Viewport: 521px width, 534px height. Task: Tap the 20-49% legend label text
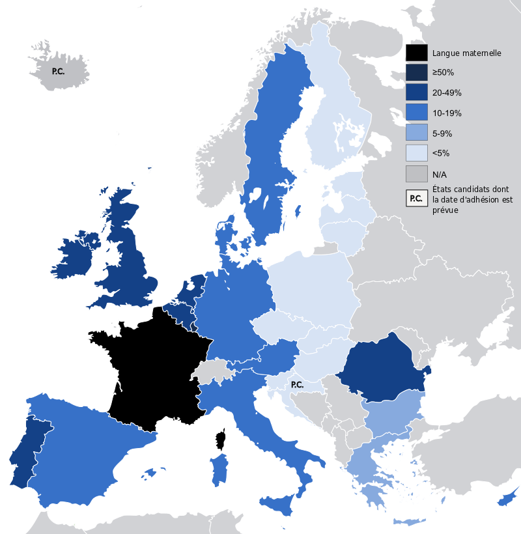[447, 93]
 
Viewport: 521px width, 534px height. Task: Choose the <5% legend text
[442, 154]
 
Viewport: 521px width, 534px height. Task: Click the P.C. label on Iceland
[58, 70]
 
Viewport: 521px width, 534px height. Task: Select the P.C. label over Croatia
[297, 385]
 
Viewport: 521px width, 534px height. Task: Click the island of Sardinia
[219, 470]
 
